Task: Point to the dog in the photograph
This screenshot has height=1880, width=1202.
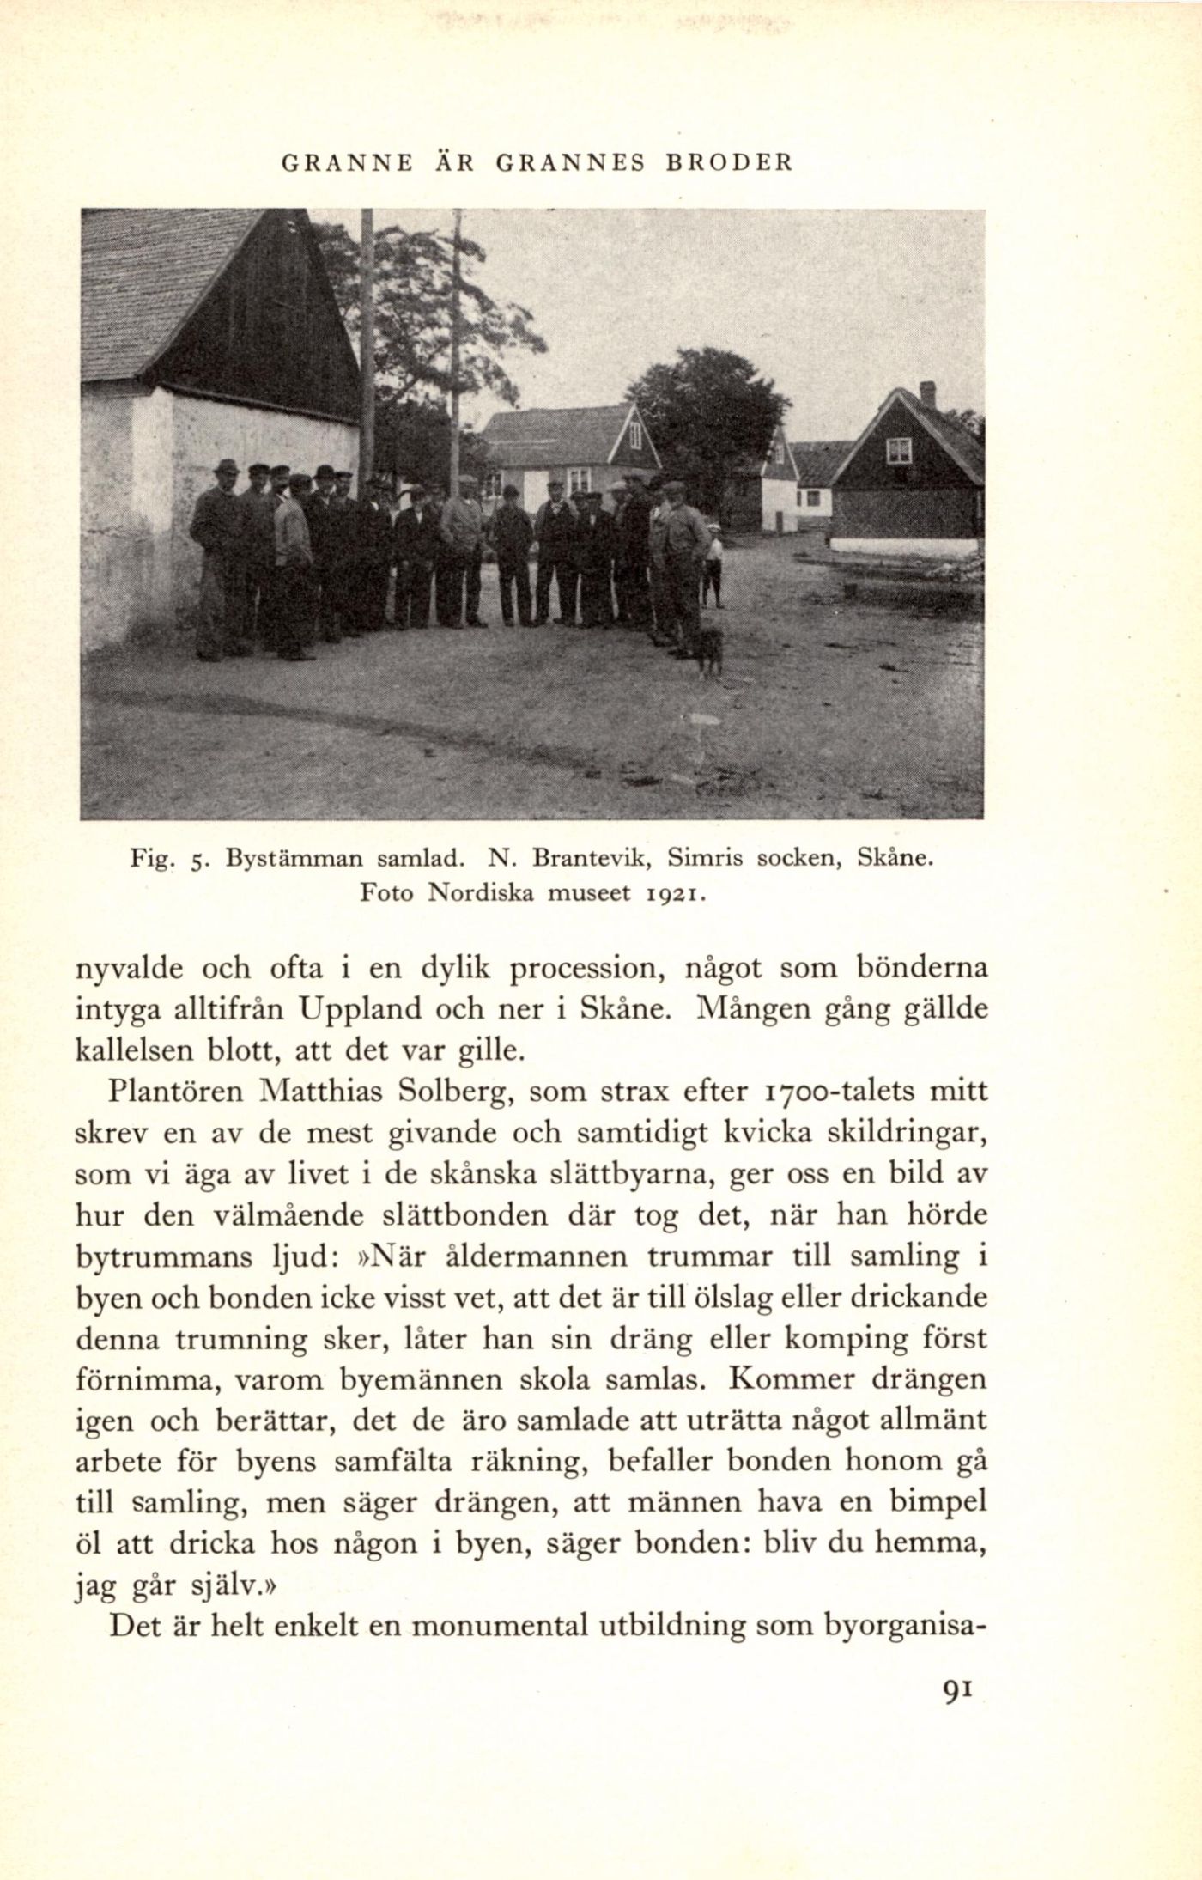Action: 708,650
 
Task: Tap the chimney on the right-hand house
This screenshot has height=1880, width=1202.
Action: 927,395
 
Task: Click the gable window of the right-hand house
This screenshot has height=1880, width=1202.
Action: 899,449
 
